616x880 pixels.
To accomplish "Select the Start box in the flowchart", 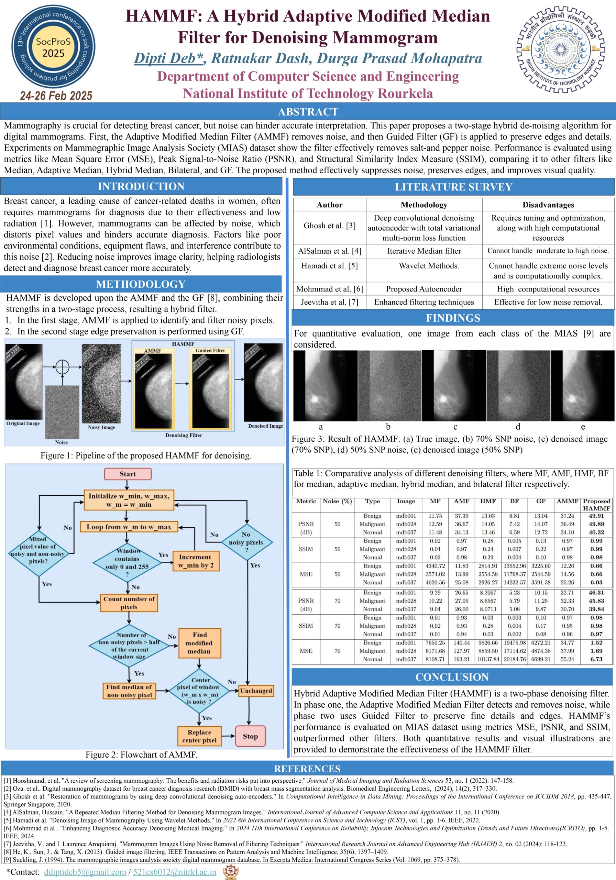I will [128, 474].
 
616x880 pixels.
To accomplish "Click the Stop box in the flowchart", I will [250, 736].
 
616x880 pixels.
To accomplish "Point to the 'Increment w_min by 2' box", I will [196, 561].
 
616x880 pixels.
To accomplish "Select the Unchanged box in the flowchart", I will [256, 691].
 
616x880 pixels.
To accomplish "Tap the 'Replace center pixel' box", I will [199, 736].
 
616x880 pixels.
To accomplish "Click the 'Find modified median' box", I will [199, 643].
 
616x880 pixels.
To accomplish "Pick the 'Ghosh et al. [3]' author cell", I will [329, 226].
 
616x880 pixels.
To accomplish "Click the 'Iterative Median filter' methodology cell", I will [424, 251].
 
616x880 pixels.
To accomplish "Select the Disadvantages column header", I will [548, 205].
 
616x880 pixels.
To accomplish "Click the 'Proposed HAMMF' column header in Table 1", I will [596, 504].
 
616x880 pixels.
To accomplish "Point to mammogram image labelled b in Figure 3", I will [389, 385].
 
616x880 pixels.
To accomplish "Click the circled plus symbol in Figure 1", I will [63, 367].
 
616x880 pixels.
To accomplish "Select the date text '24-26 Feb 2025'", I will [56, 96].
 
